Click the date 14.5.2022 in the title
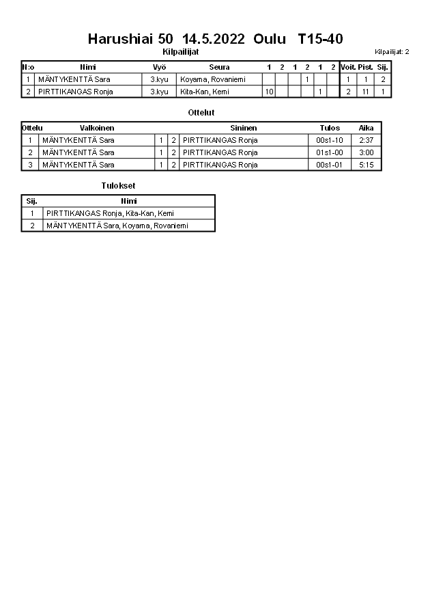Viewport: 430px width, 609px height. click(214, 39)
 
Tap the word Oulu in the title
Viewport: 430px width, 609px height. click(270, 39)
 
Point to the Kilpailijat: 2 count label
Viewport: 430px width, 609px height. click(392, 52)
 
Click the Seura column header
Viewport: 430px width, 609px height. click(219, 67)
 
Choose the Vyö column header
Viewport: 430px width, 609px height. click(159, 67)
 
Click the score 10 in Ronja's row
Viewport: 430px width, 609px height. click(269, 92)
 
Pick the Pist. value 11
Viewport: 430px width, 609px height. click(366, 92)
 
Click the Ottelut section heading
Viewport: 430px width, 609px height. click(201, 112)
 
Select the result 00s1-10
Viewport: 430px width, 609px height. click(330, 140)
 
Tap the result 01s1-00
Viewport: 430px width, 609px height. click(330, 152)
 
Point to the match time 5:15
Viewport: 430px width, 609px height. click(366, 165)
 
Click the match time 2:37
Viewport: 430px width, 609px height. click(366, 140)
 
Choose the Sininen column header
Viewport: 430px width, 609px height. click(244, 128)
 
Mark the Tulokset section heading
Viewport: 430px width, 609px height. click(118, 185)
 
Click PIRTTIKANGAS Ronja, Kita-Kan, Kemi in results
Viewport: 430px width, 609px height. click(110, 213)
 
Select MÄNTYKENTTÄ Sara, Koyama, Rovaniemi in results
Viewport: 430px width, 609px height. click(117, 226)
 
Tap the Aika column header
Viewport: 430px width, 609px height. click(366, 128)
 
